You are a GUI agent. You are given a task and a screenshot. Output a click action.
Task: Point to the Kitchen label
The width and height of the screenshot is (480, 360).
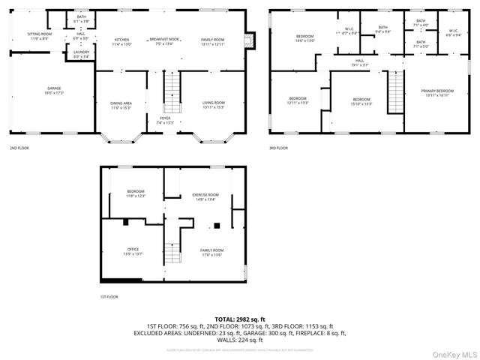pyautogui.click(x=121, y=41)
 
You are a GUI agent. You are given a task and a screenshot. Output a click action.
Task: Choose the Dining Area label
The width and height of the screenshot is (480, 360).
pyautogui.click(x=121, y=104)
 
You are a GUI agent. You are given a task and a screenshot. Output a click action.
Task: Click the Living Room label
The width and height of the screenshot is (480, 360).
pyautogui.click(x=213, y=104)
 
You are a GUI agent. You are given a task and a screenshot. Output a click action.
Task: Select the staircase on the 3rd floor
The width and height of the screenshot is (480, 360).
pyautogui.click(x=394, y=90)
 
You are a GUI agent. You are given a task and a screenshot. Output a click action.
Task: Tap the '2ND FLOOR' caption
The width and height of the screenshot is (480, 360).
pyautogui.click(x=19, y=148)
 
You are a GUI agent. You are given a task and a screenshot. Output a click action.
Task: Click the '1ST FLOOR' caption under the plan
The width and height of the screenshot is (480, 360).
pyautogui.click(x=109, y=297)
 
